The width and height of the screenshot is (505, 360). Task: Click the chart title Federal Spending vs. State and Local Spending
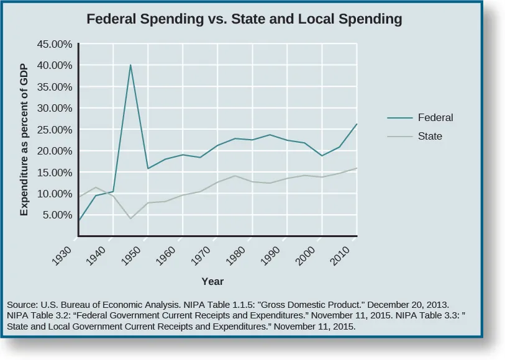click(244, 19)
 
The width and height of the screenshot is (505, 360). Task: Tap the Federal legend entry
click(435, 117)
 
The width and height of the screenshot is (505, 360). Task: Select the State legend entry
click(430, 136)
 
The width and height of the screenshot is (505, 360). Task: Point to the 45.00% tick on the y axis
click(56, 45)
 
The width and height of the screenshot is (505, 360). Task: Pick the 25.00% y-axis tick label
click(56, 130)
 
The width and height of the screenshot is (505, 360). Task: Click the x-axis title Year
click(212, 281)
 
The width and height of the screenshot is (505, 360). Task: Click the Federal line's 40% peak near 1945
click(130, 65)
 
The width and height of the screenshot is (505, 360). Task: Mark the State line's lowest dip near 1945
click(130, 218)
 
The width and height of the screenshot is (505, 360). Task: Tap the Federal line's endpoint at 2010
click(357, 124)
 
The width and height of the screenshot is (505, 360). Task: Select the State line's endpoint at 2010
click(357, 168)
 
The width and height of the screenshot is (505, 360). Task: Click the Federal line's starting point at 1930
click(78, 220)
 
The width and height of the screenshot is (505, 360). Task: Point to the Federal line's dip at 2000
click(322, 155)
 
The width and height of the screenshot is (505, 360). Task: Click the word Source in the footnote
click(22, 305)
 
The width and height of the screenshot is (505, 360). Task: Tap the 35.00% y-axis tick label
click(56, 87)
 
